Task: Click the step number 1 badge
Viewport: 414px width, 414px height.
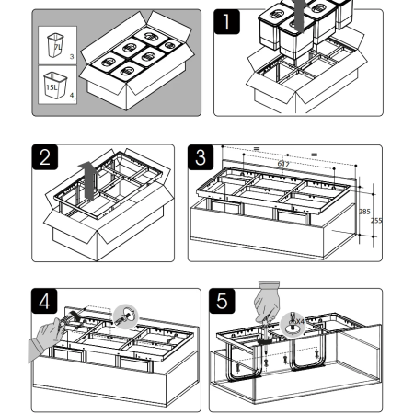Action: tap(226, 21)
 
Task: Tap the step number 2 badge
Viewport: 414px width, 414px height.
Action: tap(45, 156)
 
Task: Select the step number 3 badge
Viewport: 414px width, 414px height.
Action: tap(201, 157)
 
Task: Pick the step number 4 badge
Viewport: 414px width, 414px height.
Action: tap(44, 301)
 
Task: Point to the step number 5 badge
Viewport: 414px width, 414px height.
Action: tap(222, 301)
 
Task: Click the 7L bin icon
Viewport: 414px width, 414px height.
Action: tap(55, 45)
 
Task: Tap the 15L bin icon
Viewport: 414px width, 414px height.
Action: tap(55, 86)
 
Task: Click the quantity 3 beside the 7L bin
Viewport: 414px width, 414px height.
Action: tap(72, 57)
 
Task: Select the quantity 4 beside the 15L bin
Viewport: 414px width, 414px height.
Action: tap(72, 95)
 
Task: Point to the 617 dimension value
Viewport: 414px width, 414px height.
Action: tap(283, 164)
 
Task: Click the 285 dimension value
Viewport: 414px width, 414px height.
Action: tap(364, 212)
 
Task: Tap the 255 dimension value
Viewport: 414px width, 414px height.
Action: tap(376, 221)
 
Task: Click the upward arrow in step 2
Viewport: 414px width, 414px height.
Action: tap(89, 180)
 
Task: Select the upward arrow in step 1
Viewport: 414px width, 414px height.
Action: tap(299, 16)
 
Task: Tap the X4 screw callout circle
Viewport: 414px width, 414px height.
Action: tap(293, 324)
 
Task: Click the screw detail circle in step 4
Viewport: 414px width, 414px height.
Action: tap(125, 316)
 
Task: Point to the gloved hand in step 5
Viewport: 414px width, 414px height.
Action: tap(267, 301)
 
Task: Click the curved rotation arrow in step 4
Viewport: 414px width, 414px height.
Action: tap(75, 316)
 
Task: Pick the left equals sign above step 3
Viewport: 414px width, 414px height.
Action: tap(257, 149)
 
